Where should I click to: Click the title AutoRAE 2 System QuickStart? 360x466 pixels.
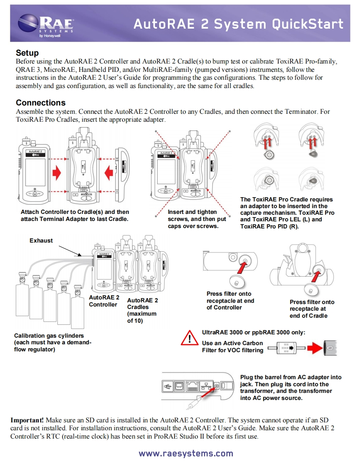pyautogui.click(x=238, y=24)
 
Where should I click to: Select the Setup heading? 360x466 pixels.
pyautogui.click(x=27, y=53)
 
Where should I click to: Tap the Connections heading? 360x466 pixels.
pyautogui.click(x=40, y=103)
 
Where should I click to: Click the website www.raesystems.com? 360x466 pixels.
pyautogui.click(x=186, y=453)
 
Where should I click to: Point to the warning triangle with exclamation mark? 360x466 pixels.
pyautogui.click(x=190, y=338)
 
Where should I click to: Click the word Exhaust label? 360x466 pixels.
pyautogui.click(x=41, y=240)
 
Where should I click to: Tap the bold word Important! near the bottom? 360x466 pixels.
pyautogui.click(x=27, y=420)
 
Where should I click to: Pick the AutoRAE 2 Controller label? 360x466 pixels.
pyautogui.click(x=104, y=301)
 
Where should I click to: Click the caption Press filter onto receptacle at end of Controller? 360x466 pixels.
pyautogui.click(x=230, y=301)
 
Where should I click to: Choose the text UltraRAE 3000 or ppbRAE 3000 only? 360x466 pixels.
pyautogui.click(x=254, y=332)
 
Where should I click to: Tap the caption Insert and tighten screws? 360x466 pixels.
pyautogui.click(x=197, y=219)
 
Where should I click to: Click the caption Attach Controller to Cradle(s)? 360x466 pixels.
pyautogui.click(x=75, y=216)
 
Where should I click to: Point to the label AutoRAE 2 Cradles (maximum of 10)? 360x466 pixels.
pyautogui.click(x=142, y=310)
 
